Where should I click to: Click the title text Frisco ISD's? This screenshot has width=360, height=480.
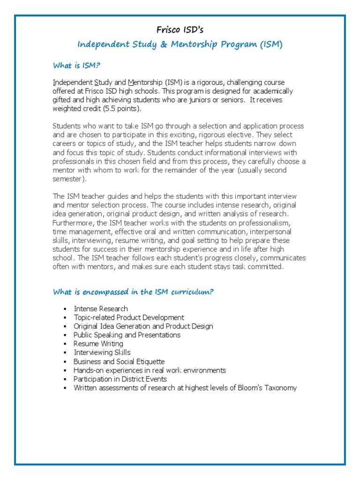pos(180,30)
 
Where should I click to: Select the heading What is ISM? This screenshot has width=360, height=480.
pos(76,66)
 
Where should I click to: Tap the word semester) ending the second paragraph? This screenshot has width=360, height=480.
pos(68,179)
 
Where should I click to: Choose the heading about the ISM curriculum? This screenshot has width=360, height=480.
pos(133,292)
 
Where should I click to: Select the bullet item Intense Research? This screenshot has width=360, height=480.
pos(101,309)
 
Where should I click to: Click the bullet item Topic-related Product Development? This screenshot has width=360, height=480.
pos(129,317)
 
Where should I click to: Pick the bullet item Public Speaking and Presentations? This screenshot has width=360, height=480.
pos(127,335)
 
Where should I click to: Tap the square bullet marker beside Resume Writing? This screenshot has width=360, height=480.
pos(65,344)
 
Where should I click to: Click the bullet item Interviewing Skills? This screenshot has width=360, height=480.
pos(102,352)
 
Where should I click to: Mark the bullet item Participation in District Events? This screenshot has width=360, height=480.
pos(120,379)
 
